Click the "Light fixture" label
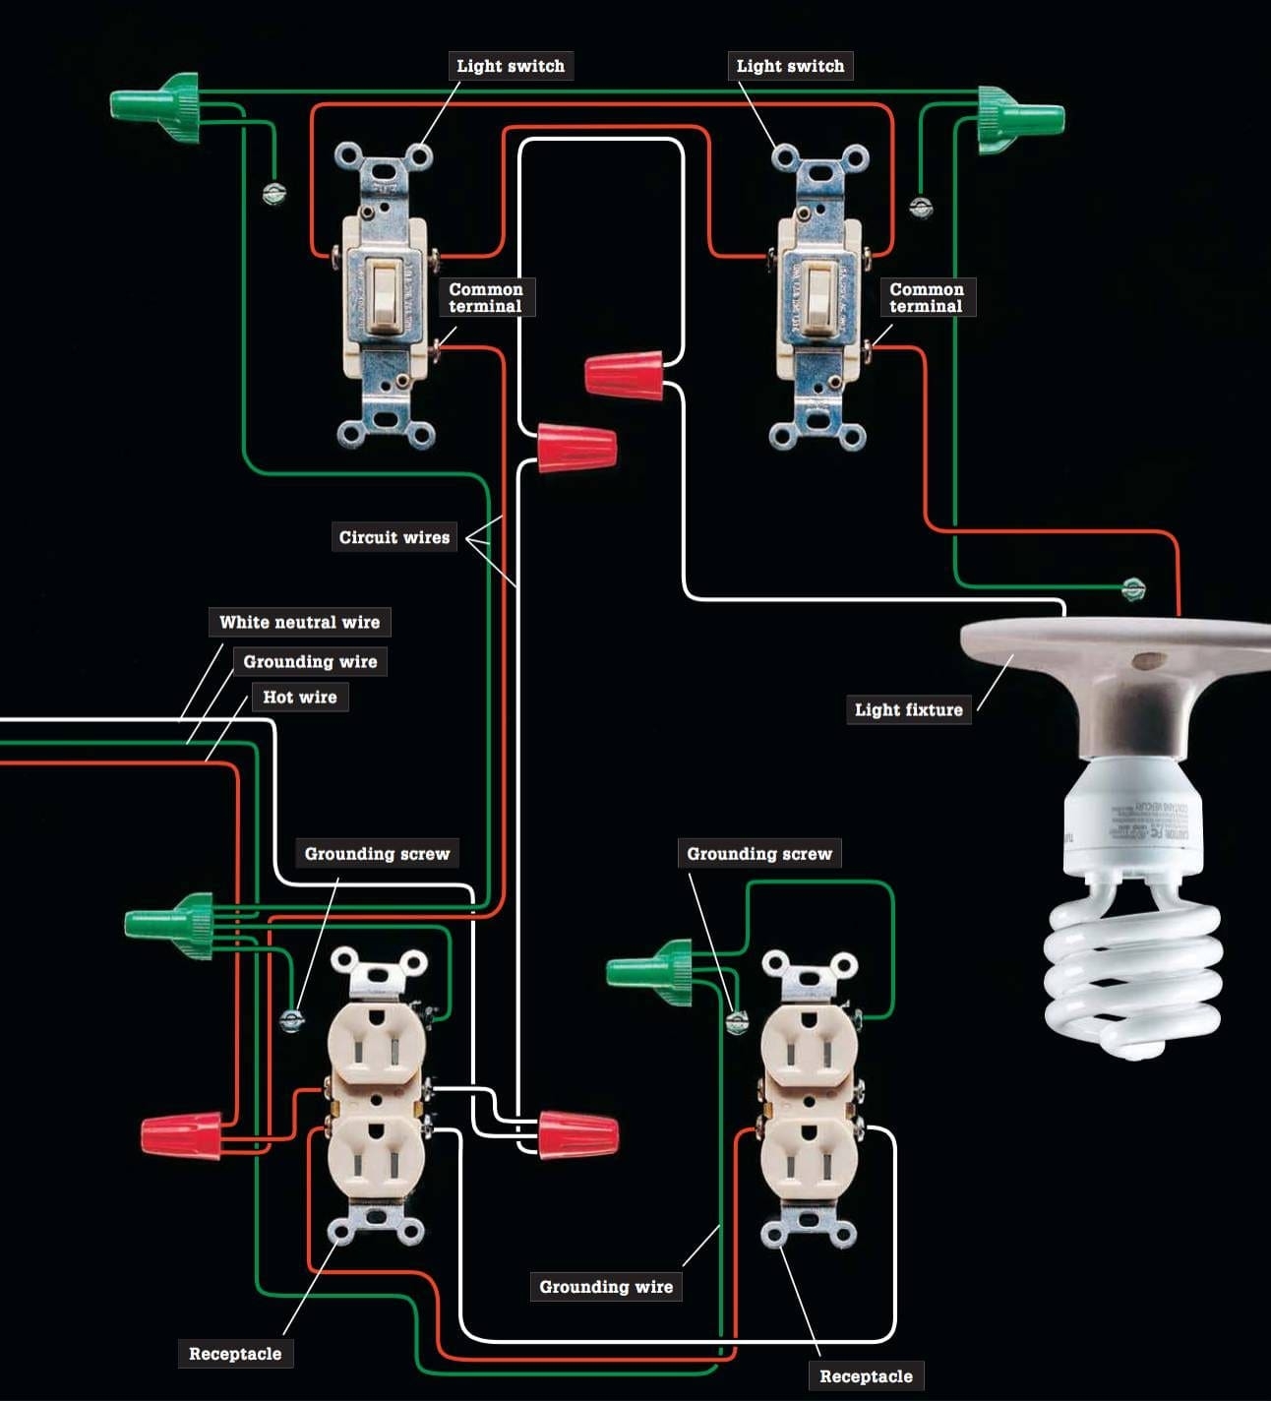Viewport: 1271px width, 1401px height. click(908, 709)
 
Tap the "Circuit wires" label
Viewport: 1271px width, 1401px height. click(393, 537)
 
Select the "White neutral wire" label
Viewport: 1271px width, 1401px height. click(299, 622)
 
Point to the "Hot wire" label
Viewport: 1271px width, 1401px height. click(299, 697)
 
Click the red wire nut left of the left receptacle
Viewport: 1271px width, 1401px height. click(182, 1134)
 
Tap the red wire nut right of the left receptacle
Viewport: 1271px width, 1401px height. click(577, 1132)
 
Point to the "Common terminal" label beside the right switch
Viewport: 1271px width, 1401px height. click(926, 297)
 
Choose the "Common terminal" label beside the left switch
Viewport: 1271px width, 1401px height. click(486, 297)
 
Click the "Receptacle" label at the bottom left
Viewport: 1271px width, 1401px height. click(235, 1353)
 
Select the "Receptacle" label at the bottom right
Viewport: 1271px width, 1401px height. click(866, 1375)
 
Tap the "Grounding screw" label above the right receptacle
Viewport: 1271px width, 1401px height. click(758, 853)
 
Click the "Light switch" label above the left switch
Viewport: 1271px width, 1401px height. click(511, 66)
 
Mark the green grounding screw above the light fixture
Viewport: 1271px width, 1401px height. click(1133, 589)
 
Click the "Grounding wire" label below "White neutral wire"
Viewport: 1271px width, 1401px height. click(310, 661)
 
